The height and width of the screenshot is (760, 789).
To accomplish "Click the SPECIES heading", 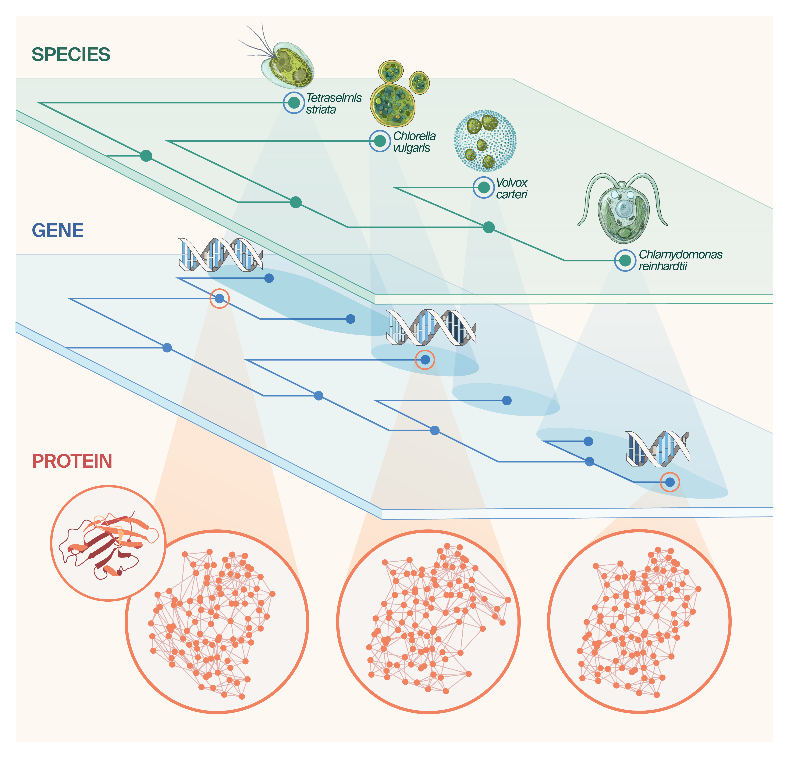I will (71, 54).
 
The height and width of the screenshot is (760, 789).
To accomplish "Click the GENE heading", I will (58, 230).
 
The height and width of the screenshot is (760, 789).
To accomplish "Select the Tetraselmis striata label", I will (333, 103).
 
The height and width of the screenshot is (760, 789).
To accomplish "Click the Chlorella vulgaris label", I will (414, 142).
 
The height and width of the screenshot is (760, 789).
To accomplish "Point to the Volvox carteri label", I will (511, 188).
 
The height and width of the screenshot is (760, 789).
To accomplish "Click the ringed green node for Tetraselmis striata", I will (294, 103).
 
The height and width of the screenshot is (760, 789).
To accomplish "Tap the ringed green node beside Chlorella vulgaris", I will (380, 141).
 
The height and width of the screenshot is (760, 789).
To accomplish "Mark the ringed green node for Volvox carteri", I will (483, 187).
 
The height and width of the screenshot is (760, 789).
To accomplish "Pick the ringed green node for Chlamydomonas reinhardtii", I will (625, 261).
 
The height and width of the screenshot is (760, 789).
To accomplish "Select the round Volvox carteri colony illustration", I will (485, 141).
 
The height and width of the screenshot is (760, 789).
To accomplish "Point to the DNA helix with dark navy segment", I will (431, 327).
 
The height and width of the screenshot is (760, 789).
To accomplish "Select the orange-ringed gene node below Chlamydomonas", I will (670, 482).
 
